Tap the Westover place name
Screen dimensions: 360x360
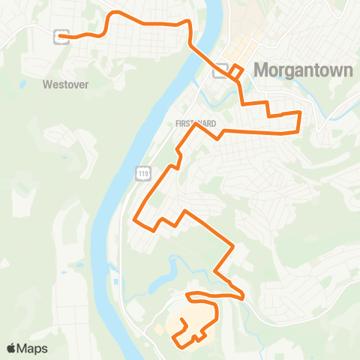[66, 85]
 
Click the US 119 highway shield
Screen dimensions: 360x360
[142, 173]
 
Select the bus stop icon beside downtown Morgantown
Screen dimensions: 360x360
[220, 72]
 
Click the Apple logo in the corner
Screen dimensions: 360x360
[12, 348]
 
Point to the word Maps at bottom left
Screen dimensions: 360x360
[33, 348]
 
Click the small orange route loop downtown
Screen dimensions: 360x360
[236, 71]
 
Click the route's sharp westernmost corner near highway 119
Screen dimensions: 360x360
[134, 220]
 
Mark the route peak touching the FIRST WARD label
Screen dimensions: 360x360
[196, 124]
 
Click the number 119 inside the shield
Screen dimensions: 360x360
[142, 173]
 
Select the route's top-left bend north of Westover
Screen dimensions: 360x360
[112, 13]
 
